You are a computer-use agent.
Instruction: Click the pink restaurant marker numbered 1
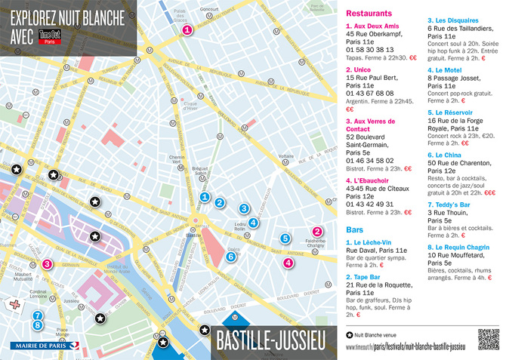coord(186,31)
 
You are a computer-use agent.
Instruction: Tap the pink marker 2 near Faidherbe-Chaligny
coord(317,232)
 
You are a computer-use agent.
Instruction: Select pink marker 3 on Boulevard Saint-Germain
coord(47,264)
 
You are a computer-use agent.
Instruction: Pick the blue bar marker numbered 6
coord(232,257)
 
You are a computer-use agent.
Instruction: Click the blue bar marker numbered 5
coord(285,238)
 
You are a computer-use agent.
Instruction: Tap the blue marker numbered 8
coord(37,325)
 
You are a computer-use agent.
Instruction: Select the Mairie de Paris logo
coord(38,346)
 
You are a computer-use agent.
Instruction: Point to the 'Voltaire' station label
coord(285,156)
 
